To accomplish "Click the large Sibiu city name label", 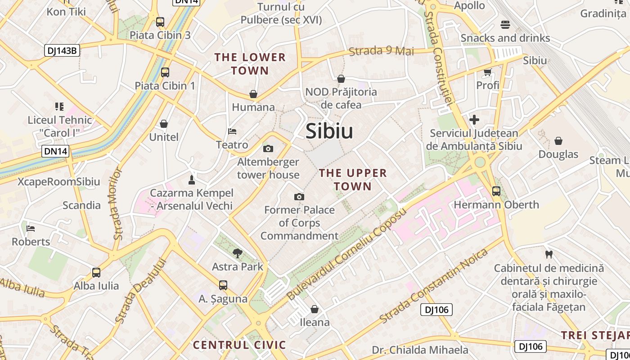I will tap(329, 131).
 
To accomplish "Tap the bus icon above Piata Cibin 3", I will tap(160, 22).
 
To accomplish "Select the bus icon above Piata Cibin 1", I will tap(165, 72).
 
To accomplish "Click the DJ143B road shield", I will tap(63, 50).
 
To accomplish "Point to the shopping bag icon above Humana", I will tap(253, 94).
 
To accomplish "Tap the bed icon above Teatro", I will tap(232, 131).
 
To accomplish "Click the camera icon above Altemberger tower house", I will tap(268, 148).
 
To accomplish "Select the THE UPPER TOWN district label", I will tap(353, 180).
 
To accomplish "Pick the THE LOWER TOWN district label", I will tap(250, 64).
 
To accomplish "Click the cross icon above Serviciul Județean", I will tap(474, 120).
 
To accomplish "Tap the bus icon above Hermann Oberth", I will tap(496, 191).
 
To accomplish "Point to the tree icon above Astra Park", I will tap(238, 253).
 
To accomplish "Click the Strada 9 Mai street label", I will tap(382, 51).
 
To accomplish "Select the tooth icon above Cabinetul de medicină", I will tap(549, 254).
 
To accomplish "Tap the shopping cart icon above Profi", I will tap(488, 72).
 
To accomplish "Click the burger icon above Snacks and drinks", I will tap(505, 24).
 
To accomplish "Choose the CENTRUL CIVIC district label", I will tap(239, 345).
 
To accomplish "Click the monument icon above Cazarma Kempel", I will tap(192, 180).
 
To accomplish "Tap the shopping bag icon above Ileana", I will tap(315, 309).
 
